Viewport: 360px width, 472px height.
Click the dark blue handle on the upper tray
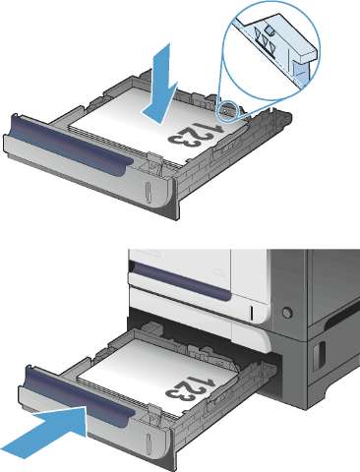coord(71,145)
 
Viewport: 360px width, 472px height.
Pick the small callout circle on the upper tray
coord(227,110)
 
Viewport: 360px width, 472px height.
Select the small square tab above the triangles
coord(270,30)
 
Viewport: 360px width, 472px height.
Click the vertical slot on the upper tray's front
coord(149,193)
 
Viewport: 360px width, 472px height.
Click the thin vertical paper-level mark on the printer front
coord(252,314)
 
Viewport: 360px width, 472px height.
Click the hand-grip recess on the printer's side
coord(318,355)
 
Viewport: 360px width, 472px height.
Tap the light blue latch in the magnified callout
coord(299,75)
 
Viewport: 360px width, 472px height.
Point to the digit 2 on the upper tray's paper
coord(192,135)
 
